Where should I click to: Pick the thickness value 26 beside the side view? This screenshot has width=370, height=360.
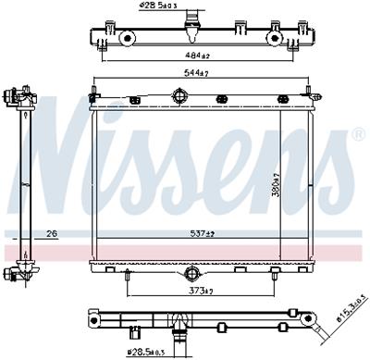52,232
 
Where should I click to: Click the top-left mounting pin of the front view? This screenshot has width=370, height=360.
92,93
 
